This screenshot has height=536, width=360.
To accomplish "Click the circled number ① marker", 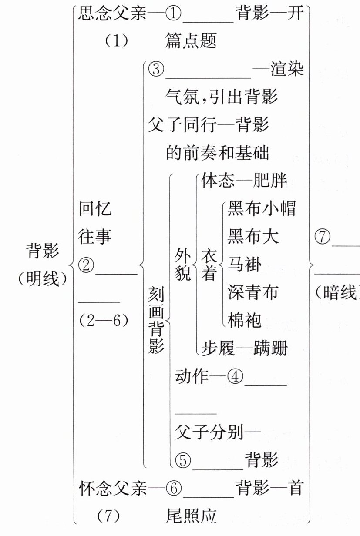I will point(173,14).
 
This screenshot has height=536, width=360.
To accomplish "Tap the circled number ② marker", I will point(86,264).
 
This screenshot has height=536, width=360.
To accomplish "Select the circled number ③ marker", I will point(155,70).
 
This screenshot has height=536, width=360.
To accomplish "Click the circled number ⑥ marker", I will point(173,488).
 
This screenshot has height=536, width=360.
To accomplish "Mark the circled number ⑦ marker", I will point(322,237).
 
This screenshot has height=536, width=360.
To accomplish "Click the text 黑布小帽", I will point(261,209).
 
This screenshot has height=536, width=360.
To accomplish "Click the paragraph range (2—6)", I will point(104,320).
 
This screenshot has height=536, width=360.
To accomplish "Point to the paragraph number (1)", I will point(116,42).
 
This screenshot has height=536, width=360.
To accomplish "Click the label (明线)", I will point(43,278).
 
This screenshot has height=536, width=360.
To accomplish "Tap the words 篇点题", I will point(191,42).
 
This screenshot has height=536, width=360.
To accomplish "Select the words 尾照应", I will point(191,516).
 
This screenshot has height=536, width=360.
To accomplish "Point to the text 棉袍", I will point(244,320).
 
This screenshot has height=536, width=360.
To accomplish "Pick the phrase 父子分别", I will point(209,432).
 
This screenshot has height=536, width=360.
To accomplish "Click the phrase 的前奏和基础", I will point(217,153).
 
